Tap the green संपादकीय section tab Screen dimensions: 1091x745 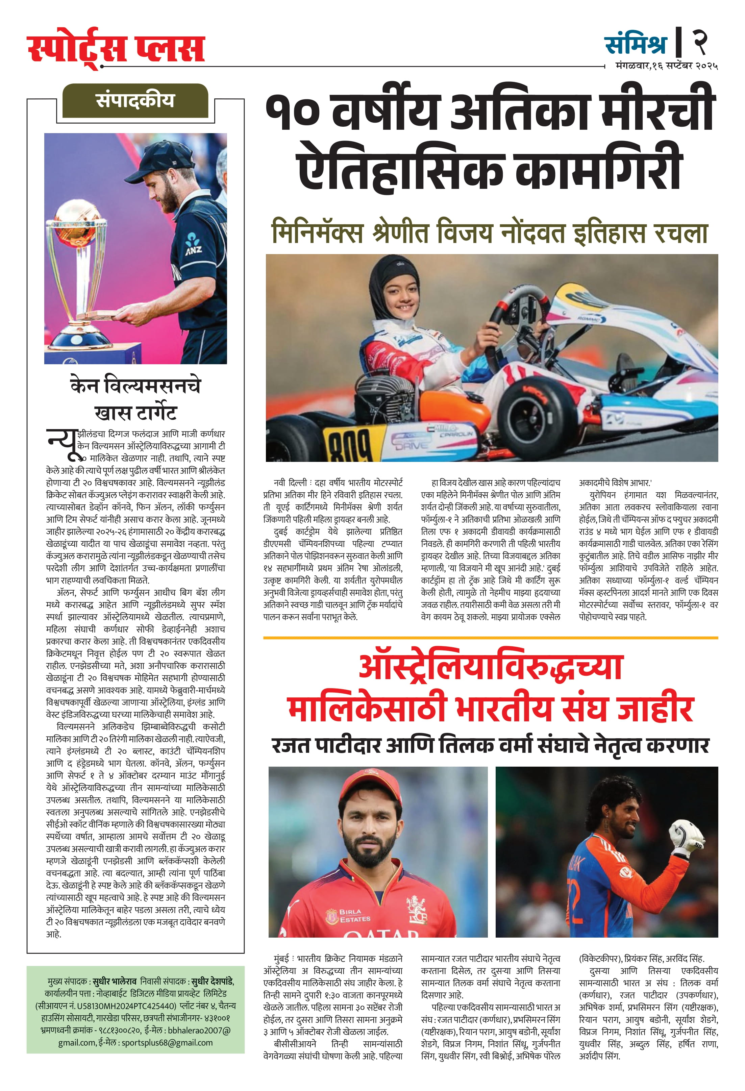point(135,100)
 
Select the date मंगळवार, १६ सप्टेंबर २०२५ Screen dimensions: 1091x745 point(667,66)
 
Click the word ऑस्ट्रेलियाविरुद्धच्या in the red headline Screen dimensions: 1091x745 point(491,667)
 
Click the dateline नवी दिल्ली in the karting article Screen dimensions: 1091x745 point(290,482)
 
